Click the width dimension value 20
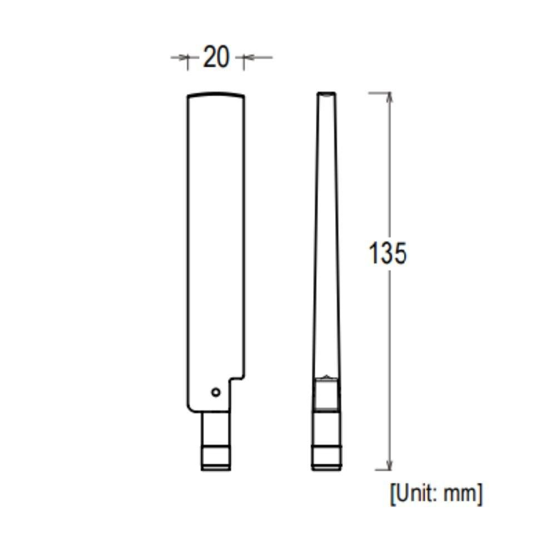tap(216, 57)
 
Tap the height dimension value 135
tap(388, 253)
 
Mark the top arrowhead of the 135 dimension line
tap(389, 97)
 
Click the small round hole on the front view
tap(216, 392)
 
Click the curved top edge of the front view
tap(216, 94)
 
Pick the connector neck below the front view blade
tap(216, 428)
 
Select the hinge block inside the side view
tap(326, 394)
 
